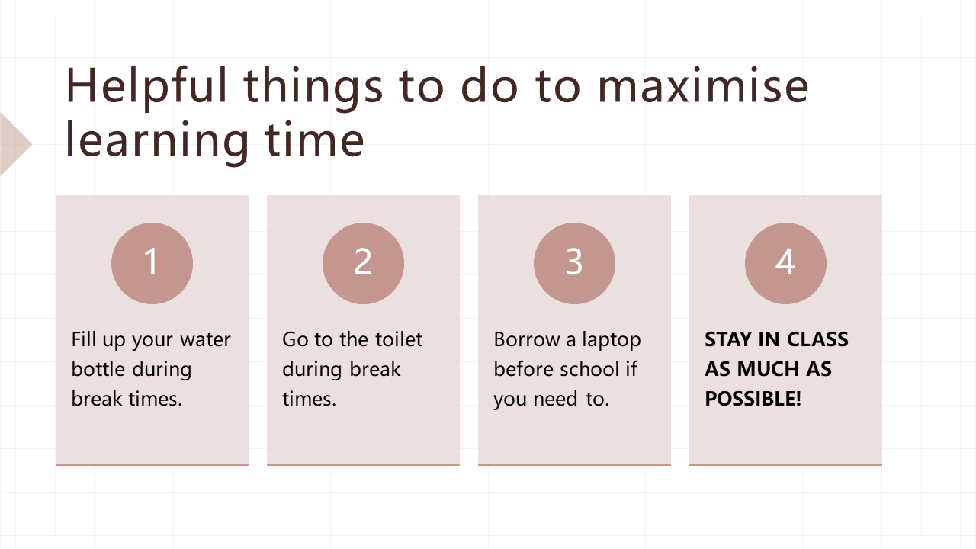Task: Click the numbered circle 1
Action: click(x=152, y=263)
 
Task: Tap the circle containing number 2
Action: click(x=363, y=263)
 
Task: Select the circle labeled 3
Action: click(x=574, y=263)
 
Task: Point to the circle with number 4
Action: click(x=785, y=263)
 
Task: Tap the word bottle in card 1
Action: click(x=98, y=369)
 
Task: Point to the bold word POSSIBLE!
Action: click(x=753, y=399)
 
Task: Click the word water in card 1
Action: click(x=205, y=339)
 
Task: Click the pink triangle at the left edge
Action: click(x=13, y=144)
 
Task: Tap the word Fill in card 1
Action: click(x=84, y=339)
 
